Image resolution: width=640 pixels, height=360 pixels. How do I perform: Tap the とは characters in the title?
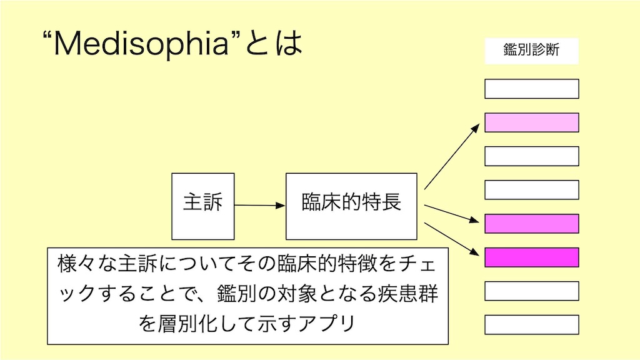(x=274, y=43)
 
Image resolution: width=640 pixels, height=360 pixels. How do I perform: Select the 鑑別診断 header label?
(x=531, y=51)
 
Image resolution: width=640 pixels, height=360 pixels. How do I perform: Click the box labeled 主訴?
(x=203, y=206)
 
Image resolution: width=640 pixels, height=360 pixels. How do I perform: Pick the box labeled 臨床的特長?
(x=351, y=206)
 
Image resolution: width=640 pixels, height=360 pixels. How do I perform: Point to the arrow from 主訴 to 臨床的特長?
(x=260, y=205)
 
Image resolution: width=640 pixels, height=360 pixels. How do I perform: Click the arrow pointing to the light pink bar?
(x=452, y=157)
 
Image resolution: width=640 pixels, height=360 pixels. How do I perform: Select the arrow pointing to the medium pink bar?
(x=452, y=214)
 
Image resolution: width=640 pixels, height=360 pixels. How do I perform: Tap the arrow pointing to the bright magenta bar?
(x=452, y=239)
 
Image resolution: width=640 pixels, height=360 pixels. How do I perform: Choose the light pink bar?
(x=531, y=122)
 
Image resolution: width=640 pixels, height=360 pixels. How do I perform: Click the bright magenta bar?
(x=531, y=257)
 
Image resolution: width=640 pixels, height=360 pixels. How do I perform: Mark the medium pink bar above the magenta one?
(x=531, y=224)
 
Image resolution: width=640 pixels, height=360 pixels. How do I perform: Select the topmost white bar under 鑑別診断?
(x=531, y=89)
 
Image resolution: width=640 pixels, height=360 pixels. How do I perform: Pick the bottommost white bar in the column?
(x=531, y=324)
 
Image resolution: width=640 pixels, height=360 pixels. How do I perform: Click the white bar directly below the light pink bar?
(x=531, y=156)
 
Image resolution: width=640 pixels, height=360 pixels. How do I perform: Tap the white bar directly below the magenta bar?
(x=531, y=291)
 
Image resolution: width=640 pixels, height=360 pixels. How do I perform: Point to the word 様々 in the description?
(x=77, y=263)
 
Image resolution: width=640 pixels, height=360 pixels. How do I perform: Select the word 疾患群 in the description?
(x=407, y=294)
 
